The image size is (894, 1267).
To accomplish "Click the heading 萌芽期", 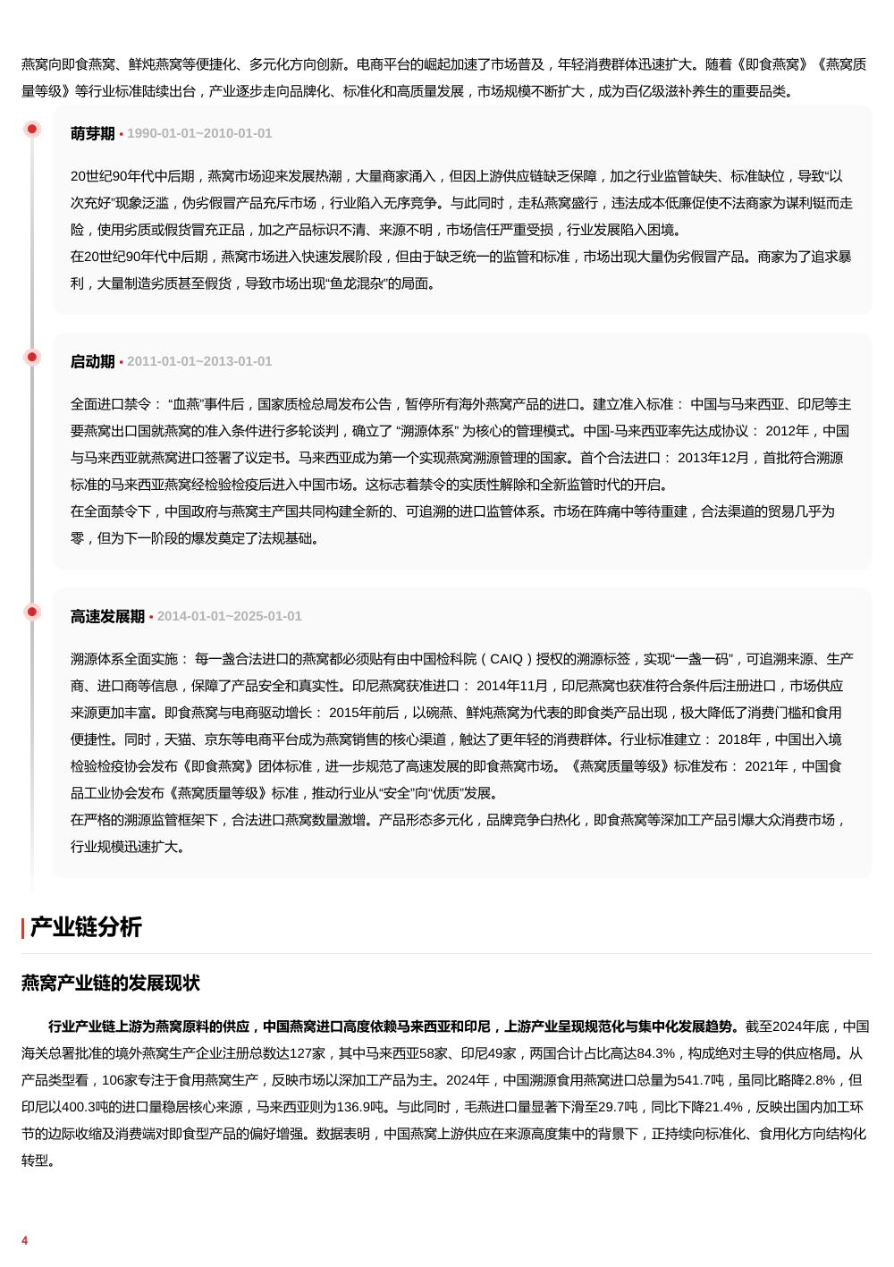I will point(93,133).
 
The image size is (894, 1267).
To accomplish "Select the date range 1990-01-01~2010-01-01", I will point(199,133).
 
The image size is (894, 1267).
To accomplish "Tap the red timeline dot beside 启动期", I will point(32,358).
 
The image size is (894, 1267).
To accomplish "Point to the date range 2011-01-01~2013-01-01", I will point(199,361).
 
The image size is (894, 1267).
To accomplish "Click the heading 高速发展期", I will point(107,616).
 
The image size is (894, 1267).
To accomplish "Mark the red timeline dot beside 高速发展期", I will point(32,612).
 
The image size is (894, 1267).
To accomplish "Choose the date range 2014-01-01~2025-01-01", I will point(230,616).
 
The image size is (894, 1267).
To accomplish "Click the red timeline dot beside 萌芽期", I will point(32,130).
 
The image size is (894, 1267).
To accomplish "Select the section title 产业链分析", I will point(86,927).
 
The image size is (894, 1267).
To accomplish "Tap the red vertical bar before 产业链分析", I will point(23,928).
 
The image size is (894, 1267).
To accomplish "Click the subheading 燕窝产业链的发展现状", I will point(111,984).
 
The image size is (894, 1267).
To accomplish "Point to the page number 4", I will point(25,1240).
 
